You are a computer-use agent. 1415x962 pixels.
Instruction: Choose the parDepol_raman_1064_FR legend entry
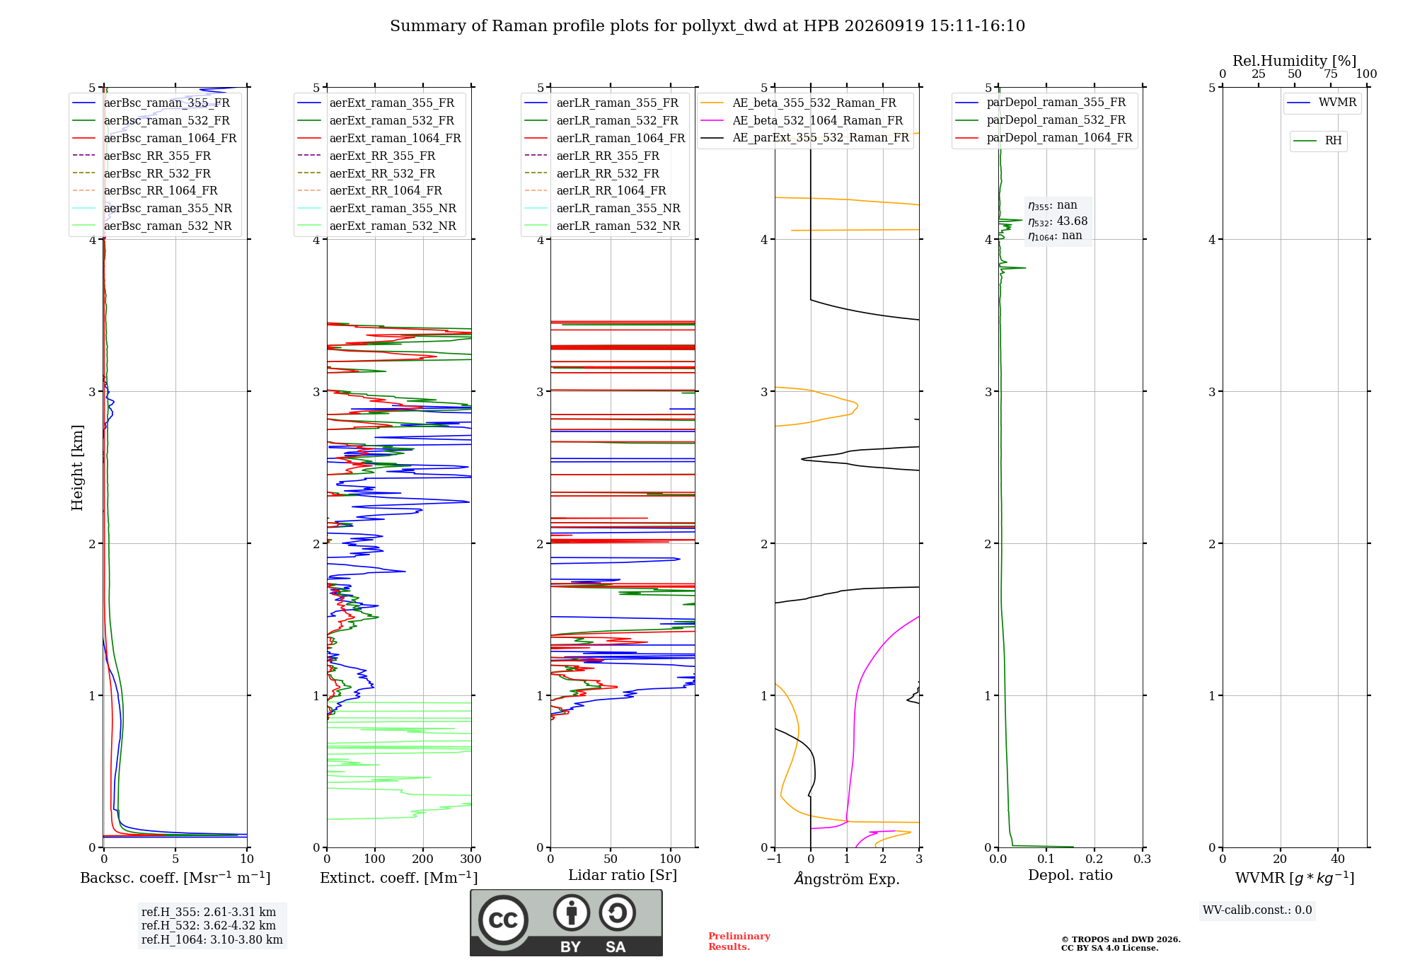1044,137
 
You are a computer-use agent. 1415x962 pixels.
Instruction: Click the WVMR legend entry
1322,103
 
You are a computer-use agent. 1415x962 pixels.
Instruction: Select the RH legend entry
1317,141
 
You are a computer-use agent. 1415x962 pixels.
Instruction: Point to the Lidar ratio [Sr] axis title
623,875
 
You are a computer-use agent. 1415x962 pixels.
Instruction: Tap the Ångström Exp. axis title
847,879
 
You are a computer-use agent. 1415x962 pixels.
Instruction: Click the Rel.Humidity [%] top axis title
1295,61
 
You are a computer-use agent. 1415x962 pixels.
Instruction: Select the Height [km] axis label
77,468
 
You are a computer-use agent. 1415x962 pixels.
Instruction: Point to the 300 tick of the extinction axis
471,859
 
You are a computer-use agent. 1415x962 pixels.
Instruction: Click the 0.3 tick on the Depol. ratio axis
1143,859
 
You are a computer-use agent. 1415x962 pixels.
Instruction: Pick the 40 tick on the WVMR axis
1338,859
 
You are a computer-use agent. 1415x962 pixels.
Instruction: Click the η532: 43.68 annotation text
1058,221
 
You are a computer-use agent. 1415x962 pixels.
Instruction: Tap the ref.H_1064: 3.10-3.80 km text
212,939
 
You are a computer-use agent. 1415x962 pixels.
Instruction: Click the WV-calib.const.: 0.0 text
1257,910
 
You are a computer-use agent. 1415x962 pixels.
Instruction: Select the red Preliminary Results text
739,941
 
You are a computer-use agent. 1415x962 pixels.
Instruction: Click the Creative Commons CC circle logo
503,920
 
